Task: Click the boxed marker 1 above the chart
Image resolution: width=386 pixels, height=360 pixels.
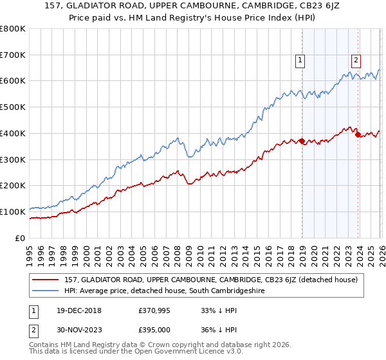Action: click(x=300, y=61)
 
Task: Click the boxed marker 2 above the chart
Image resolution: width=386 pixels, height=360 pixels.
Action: click(x=356, y=61)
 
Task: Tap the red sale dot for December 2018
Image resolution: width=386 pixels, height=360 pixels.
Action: click(x=302, y=141)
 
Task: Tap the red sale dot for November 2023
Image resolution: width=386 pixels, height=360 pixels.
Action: click(x=358, y=134)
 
